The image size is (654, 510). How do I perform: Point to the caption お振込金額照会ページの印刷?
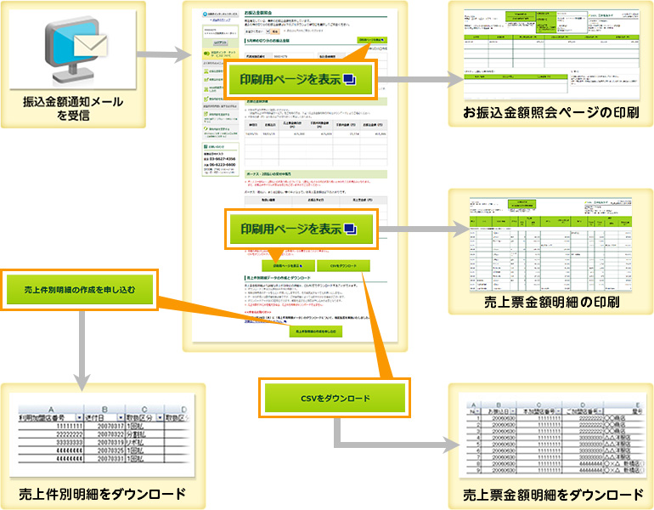550,113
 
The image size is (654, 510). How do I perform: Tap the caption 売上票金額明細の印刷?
550,303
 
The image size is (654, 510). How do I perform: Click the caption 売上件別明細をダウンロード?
103,494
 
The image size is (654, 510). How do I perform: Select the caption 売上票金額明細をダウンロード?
550,494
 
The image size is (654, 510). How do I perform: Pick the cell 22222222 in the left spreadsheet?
51,432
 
